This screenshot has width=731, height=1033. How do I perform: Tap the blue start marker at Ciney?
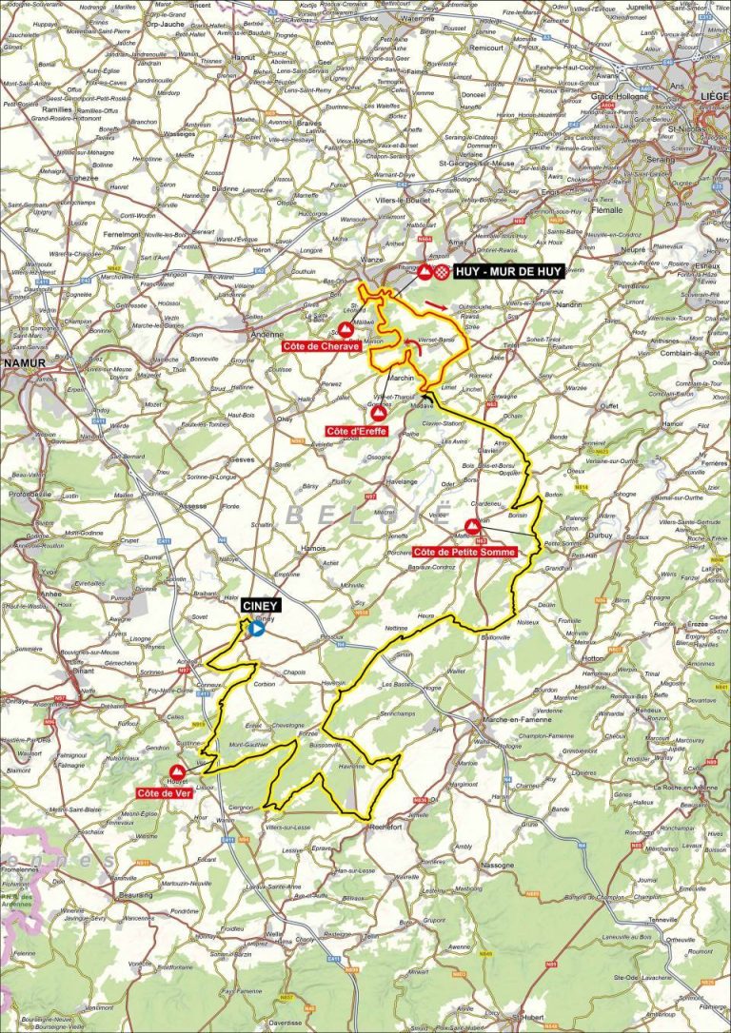[256, 628]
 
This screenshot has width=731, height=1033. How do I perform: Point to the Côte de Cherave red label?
[321, 346]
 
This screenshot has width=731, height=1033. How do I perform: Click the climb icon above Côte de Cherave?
[345, 328]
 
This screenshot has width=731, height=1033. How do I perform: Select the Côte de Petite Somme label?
[465, 552]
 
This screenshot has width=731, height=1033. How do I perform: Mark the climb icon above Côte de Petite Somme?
[472, 526]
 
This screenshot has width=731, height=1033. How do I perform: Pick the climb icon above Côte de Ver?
[176, 771]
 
